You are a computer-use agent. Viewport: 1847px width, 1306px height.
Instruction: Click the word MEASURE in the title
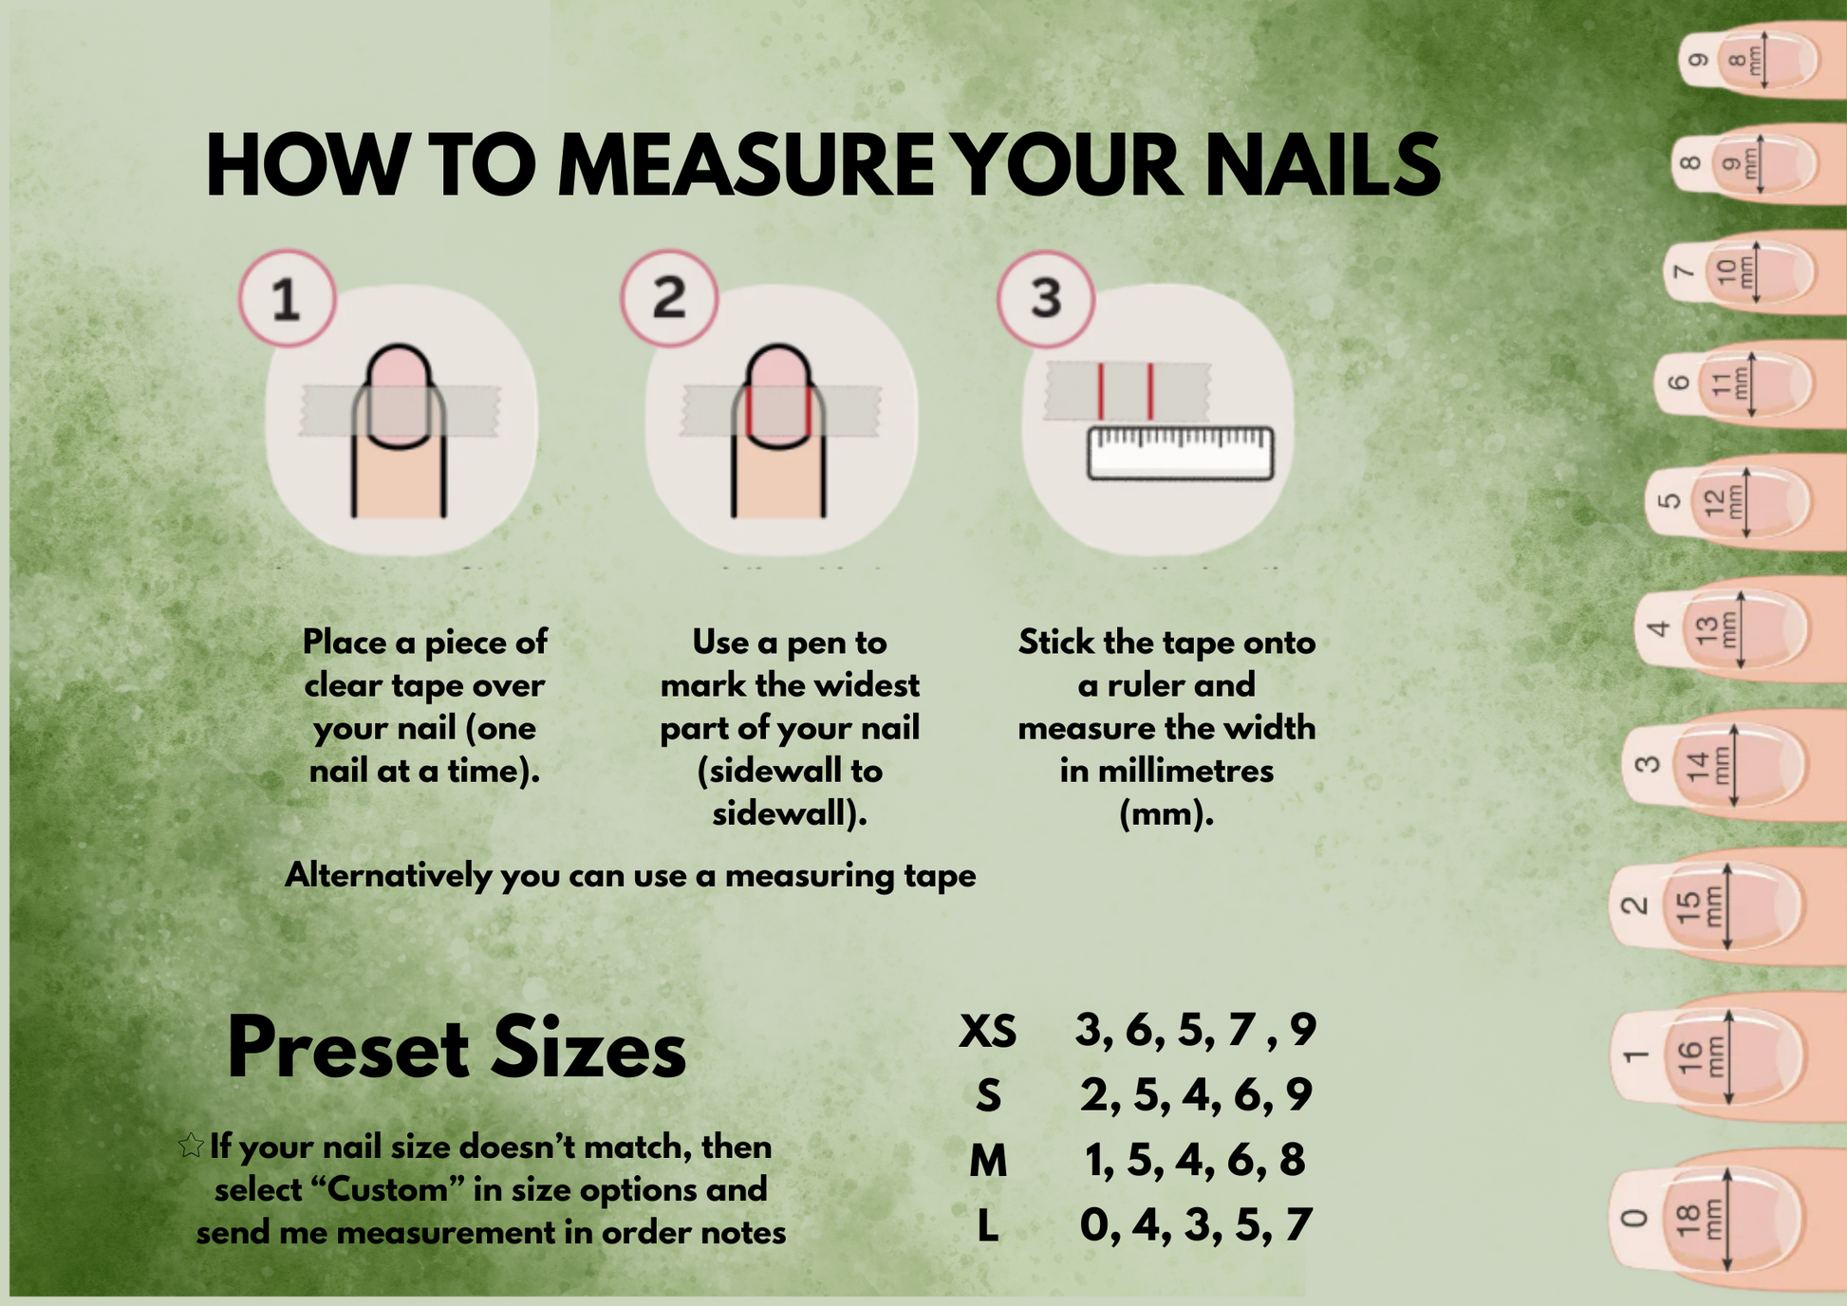pos(748,165)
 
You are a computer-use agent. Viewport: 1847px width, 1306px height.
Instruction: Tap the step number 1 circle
pos(287,298)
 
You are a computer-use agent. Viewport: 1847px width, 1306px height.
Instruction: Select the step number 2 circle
pos(669,298)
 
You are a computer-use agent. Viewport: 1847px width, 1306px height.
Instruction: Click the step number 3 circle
pos(1046,298)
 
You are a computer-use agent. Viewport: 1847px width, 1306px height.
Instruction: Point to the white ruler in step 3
pos(1180,454)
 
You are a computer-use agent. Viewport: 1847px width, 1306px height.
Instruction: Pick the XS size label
pos(987,1032)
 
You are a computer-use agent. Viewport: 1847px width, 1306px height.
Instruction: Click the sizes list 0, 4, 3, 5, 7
pos(1196,1225)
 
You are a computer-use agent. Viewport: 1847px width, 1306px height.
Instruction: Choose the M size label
pos(988,1161)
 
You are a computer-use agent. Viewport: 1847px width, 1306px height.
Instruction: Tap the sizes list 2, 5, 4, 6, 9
pos(1196,1095)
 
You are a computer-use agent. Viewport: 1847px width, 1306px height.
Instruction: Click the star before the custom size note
pos(191,1146)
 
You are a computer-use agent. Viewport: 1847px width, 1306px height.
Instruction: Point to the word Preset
pos(347,1049)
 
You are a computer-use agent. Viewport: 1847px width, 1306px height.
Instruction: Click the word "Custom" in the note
pos(386,1188)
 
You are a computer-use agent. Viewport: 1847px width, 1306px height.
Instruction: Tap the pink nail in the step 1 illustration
pos(399,394)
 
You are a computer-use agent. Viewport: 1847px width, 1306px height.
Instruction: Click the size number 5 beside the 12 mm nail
pos(1669,501)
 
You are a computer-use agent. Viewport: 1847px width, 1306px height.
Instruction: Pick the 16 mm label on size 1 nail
pos(1703,1055)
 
